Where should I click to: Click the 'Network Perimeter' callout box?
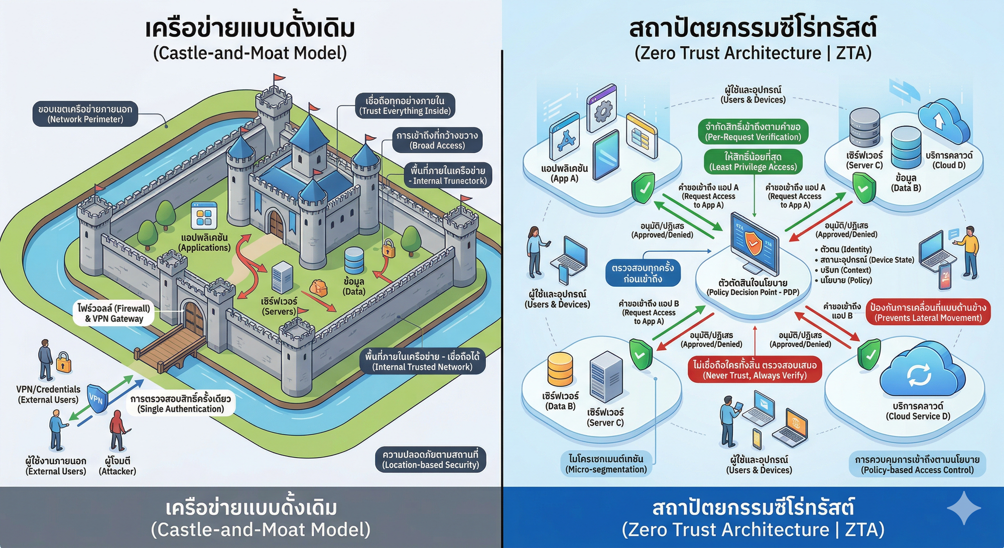click(x=85, y=114)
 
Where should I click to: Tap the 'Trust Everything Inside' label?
click(x=405, y=106)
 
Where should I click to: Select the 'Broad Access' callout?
click(x=437, y=140)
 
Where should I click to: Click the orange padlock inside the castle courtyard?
click(x=389, y=248)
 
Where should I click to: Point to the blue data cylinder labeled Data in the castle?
click(x=354, y=260)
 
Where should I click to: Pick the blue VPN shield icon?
click(x=97, y=398)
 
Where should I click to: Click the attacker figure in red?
click(x=117, y=430)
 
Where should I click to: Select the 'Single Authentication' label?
click(x=181, y=404)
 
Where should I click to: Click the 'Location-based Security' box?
click(x=430, y=460)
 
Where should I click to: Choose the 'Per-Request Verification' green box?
click(x=752, y=132)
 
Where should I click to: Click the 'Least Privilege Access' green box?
click(x=752, y=162)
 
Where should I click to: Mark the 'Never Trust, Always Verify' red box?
click(x=755, y=370)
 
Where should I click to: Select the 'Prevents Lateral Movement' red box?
click(x=928, y=312)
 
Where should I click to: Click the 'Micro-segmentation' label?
click(x=606, y=464)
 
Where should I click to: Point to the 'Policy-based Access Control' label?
click(x=917, y=465)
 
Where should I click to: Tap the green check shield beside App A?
click(x=643, y=188)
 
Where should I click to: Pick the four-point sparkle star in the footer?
click(x=964, y=508)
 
